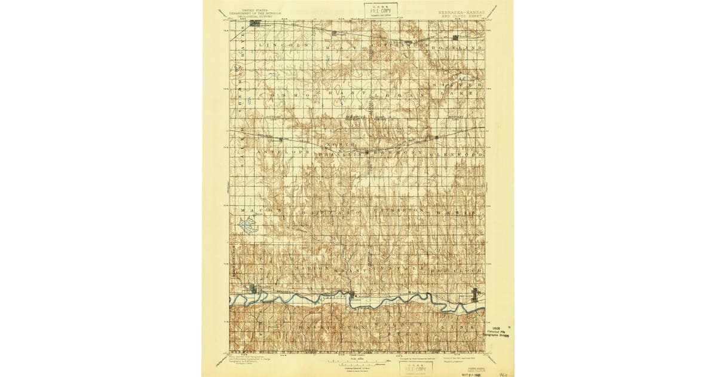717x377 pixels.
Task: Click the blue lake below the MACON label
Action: pos(247,225)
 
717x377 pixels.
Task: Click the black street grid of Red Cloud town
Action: pos(475,294)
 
